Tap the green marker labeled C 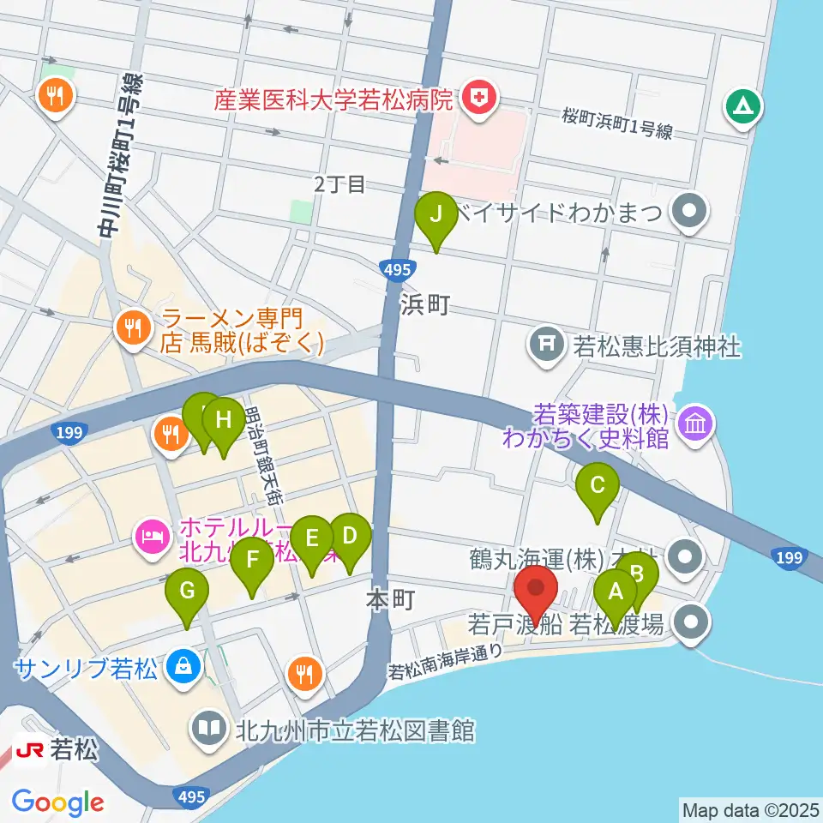click(598, 487)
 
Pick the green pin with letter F click(252, 562)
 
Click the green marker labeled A click(615, 592)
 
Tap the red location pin click(537, 589)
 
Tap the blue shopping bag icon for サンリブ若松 click(182, 664)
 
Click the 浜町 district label click(423, 304)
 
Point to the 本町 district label click(390, 601)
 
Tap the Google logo click(57, 802)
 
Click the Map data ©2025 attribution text click(749, 809)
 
